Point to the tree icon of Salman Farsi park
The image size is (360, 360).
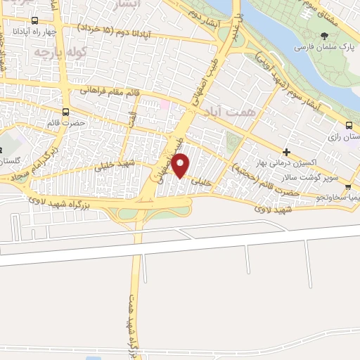coord(323,36)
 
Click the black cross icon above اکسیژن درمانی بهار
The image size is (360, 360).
coord(286,152)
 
